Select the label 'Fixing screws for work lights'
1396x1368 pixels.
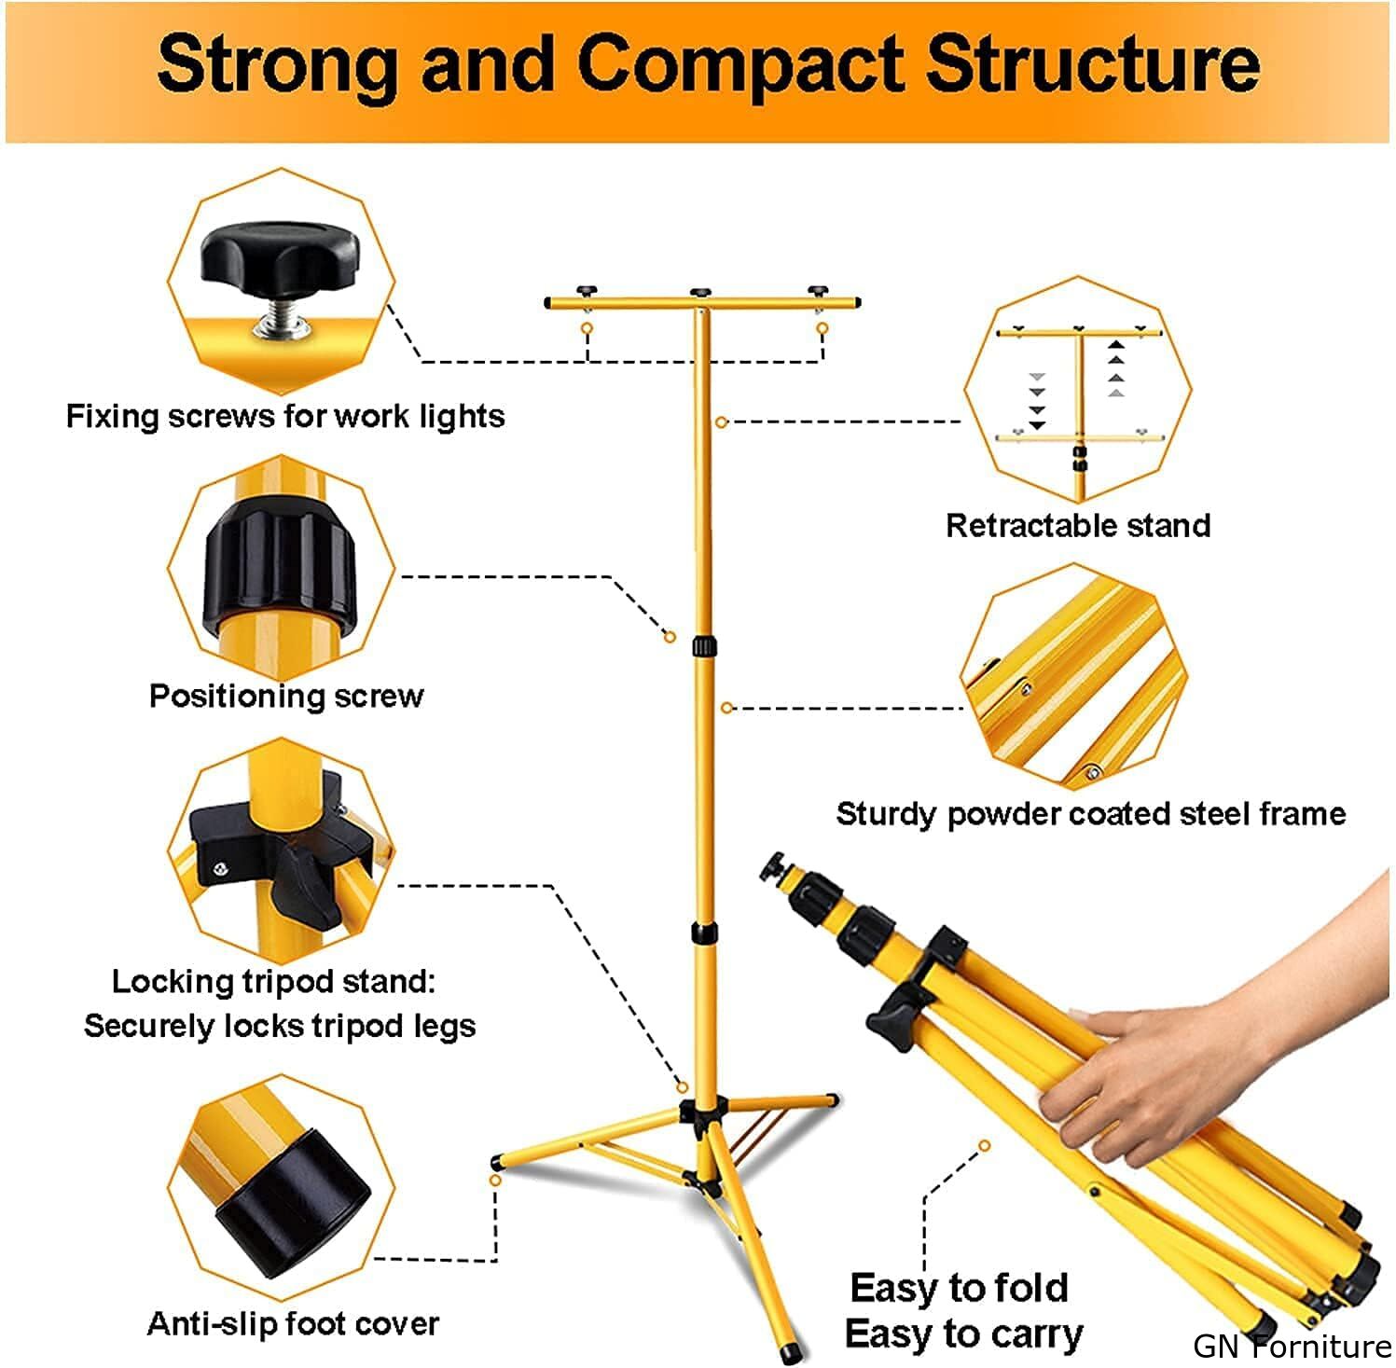[x=284, y=416]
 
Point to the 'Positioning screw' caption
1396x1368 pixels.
[x=286, y=696]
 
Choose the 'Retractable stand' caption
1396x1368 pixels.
[x=1078, y=525]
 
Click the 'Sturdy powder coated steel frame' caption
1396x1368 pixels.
[x=1090, y=814]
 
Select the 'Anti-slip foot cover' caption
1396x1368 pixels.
[x=293, y=1323]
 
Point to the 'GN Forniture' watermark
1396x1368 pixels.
[x=1292, y=1347]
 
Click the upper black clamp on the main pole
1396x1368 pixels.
[x=704, y=647]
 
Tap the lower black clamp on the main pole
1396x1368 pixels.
[x=704, y=933]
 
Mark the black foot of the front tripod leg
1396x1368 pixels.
[x=793, y=1349]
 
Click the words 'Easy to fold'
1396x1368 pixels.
[x=959, y=1288]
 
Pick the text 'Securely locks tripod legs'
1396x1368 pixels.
[x=280, y=1026]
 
